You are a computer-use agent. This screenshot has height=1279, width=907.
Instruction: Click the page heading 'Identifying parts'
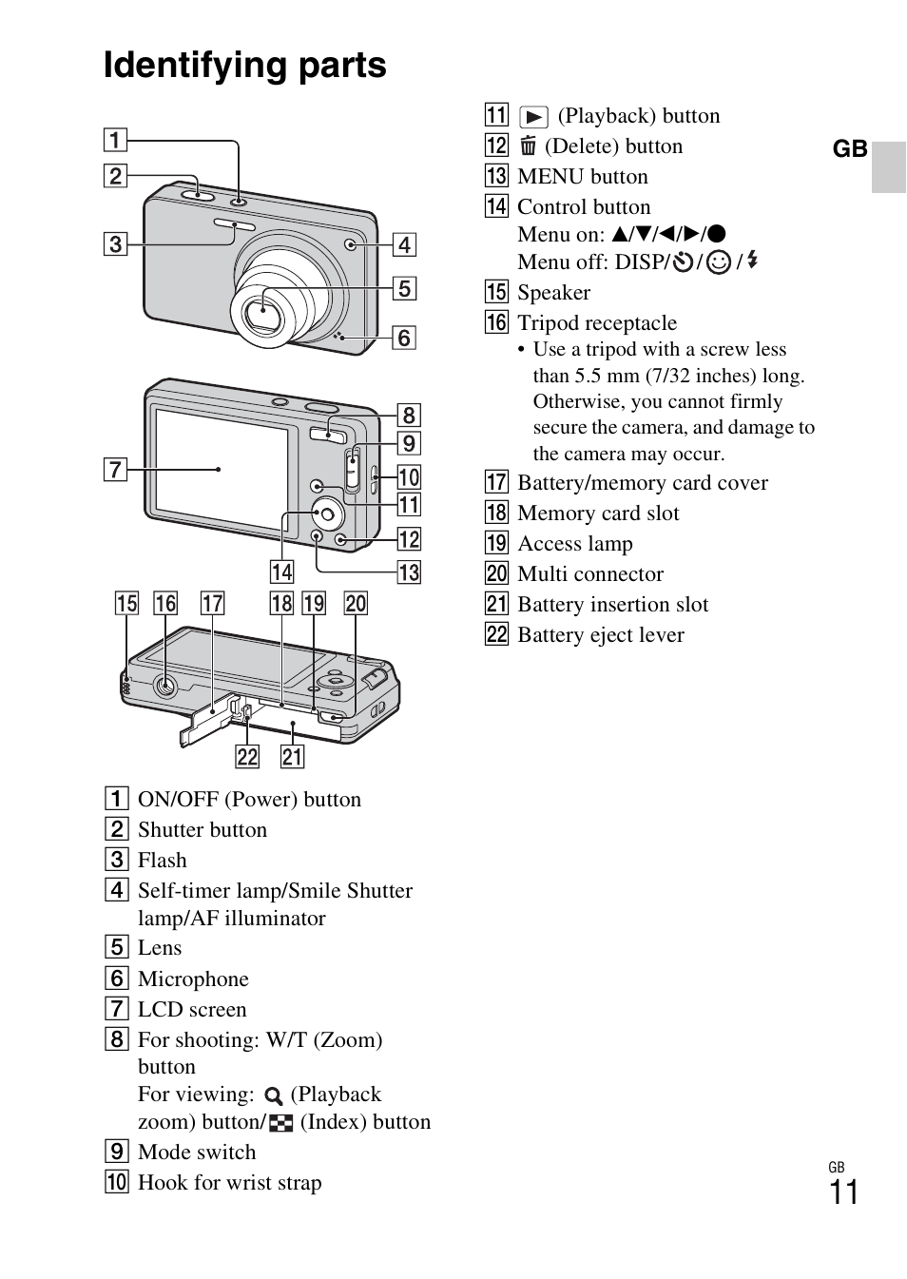coord(244,65)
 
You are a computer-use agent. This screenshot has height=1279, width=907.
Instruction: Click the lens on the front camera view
coord(260,310)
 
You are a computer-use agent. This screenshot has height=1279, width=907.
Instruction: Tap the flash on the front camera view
coord(234,225)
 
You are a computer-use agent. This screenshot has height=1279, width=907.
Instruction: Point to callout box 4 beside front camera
coord(404,244)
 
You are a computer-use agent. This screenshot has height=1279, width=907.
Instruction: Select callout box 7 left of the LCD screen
coord(115,469)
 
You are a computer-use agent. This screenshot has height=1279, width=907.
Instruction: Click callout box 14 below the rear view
coord(281,572)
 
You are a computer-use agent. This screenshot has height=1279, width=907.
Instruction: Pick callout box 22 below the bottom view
coord(247,757)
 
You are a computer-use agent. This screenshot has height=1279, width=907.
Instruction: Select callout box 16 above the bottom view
coord(165,603)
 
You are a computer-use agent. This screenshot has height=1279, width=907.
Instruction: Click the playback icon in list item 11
coord(533,117)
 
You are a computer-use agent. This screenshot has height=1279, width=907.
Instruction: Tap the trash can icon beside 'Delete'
coord(528,145)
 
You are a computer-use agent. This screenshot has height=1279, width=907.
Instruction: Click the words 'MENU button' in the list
coord(582,177)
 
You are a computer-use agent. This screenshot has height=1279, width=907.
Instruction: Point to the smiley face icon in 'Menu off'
coord(719,262)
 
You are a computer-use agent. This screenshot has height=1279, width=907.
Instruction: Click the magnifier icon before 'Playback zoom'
coord(274,1095)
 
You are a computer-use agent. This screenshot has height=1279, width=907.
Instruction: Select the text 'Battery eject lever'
coord(600,635)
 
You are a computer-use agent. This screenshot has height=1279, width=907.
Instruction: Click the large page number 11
coord(843,1192)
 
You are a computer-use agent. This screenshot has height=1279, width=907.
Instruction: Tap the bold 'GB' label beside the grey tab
coord(850,149)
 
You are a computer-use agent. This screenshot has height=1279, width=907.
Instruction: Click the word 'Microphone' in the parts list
coord(193,979)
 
